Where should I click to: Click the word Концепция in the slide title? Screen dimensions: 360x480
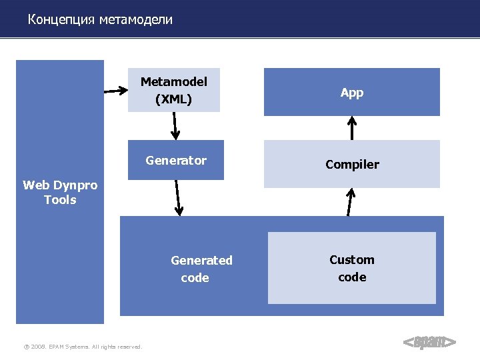pos(62,20)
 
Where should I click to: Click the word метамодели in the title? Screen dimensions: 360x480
pos(136,20)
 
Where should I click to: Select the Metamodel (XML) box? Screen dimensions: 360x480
pos(173,90)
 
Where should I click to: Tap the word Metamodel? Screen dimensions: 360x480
pos(173,81)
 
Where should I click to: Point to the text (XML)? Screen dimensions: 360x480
pos(173,100)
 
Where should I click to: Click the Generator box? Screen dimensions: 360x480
pos(176,161)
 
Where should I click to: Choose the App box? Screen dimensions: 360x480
pos(351,93)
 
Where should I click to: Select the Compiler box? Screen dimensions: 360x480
pos(351,165)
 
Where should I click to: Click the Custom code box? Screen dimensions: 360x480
pos(351,268)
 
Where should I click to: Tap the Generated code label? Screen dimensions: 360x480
pos(201,269)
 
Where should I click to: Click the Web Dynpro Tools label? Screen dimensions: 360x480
pos(60,192)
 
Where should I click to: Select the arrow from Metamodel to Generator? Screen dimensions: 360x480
pos(175,125)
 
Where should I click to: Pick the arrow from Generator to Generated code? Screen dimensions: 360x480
pos(178,198)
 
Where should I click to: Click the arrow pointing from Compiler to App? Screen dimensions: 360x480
pos(353,128)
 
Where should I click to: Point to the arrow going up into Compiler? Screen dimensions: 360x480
pos(349,201)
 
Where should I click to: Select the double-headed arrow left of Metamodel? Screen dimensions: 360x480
pos(116,88)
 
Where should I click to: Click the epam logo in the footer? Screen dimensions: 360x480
pos(430,343)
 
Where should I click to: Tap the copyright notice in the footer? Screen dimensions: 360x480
pos(83,347)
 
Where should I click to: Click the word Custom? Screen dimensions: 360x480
pos(351,260)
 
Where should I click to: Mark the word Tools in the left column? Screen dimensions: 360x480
pos(60,200)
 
